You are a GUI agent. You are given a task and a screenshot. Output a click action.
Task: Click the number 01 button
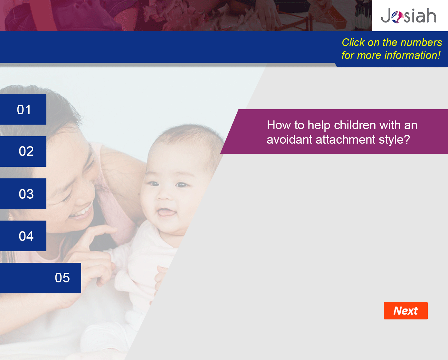23,109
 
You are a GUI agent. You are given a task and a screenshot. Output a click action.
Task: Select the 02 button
23,151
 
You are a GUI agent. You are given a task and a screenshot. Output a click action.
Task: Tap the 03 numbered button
23,194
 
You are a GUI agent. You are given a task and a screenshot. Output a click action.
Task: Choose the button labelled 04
23,236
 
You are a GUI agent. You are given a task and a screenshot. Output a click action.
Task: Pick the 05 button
40,278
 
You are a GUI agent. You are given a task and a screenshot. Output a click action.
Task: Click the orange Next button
406,311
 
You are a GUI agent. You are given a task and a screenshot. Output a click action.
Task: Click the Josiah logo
408,15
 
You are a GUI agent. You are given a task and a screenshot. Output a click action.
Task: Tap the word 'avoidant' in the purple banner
290,139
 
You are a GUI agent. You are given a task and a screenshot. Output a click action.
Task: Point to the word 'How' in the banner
279,125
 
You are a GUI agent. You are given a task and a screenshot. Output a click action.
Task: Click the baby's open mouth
167,213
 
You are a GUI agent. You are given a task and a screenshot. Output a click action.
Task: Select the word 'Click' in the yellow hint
353,43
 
